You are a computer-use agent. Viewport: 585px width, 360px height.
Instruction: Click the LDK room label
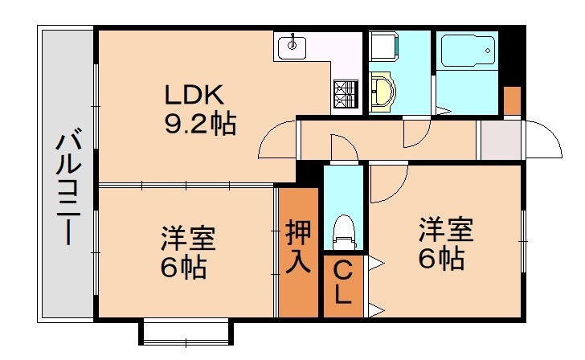(192, 95)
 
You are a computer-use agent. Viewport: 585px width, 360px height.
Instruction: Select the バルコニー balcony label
(68, 189)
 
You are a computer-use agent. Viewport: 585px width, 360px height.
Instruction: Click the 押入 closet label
(298, 249)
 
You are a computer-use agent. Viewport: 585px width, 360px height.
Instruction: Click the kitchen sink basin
(292, 48)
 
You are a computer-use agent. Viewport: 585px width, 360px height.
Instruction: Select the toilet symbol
(343, 229)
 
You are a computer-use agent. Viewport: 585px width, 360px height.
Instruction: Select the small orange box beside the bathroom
(512, 100)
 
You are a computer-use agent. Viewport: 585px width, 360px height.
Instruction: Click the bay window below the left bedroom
(186, 331)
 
